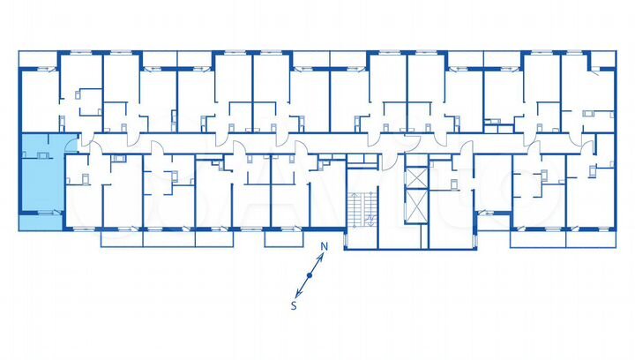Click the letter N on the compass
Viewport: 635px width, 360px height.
[325, 246]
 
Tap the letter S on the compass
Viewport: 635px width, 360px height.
[295, 306]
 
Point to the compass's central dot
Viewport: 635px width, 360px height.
[310, 276]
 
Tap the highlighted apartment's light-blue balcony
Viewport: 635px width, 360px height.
[41, 221]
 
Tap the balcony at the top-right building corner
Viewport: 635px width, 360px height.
[602, 59]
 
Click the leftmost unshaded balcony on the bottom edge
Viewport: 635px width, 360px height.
[119, 236]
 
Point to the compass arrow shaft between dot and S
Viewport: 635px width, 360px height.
[303, 289]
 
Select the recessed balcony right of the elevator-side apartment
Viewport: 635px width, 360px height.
[492, 221]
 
